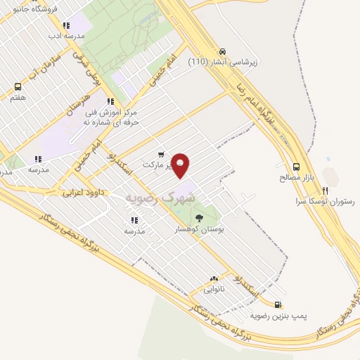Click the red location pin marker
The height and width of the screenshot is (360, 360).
(181, 165)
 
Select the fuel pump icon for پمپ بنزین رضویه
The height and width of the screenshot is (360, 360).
(278, 305)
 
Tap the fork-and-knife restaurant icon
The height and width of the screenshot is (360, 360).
(325, 190)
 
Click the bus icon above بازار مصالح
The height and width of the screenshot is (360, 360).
(296, 167)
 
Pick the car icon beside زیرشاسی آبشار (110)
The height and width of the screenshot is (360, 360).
(222, 51)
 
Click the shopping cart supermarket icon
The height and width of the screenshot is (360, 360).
(161, 154)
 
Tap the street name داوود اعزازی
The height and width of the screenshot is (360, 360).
(84, 191)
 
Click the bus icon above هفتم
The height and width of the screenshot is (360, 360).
(18, 87)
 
